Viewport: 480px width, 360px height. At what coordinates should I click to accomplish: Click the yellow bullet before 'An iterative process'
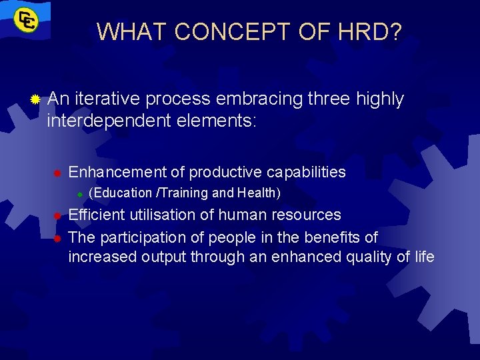point(35,99)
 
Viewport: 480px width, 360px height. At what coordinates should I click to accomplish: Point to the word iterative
point(107,99)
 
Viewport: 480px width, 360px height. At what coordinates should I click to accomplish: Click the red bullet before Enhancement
point(58,173)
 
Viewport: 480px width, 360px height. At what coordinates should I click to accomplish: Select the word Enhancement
point(118,172)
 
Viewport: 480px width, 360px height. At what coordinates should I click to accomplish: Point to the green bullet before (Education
point(79,194)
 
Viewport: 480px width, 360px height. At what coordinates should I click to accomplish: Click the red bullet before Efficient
point(58,215)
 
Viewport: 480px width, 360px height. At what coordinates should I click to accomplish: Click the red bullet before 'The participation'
point(58,238)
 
